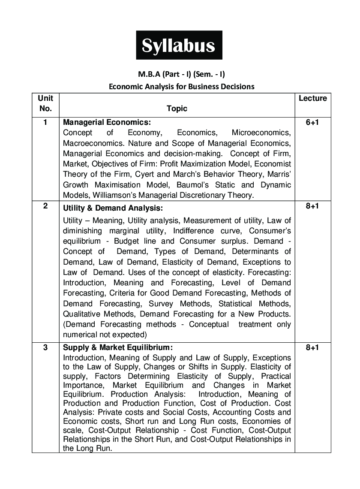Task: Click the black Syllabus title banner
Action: click(179, 45)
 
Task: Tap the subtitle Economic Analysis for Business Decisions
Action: click(181, 86)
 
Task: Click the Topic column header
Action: click(177, 109)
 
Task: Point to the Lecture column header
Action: click(312, 98)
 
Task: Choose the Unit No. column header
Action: click(45, 103)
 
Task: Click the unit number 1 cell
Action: click(45, 122)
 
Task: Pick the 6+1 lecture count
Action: click(312, 122)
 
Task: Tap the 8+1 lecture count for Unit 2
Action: click(312, 206)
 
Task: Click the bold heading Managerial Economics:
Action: click(107, 122)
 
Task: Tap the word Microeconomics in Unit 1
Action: click(261, 133)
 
